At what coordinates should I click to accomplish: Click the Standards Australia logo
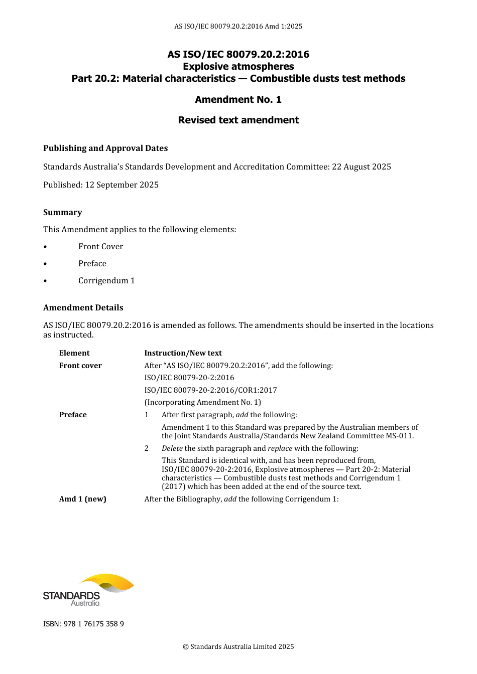88,590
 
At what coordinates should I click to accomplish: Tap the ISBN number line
83,624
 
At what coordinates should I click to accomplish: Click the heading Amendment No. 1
238,99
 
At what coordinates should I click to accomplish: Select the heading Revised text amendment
238,120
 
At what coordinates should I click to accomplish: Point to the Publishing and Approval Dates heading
105,148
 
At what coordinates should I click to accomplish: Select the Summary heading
62,212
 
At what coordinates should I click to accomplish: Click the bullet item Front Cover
100,246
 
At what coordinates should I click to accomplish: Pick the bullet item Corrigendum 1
106,280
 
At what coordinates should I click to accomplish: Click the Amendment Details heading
83,307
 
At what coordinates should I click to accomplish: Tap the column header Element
74,353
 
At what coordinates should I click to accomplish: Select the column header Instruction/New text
183,353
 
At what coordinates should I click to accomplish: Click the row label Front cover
80,366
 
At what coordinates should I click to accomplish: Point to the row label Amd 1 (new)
83,499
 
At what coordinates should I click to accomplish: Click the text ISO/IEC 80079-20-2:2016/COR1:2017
210,390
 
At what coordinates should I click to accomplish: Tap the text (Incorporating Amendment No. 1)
202,402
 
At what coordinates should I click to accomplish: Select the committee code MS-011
399,436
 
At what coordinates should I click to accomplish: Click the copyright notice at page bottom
238,646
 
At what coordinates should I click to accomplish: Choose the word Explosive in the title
205,66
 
